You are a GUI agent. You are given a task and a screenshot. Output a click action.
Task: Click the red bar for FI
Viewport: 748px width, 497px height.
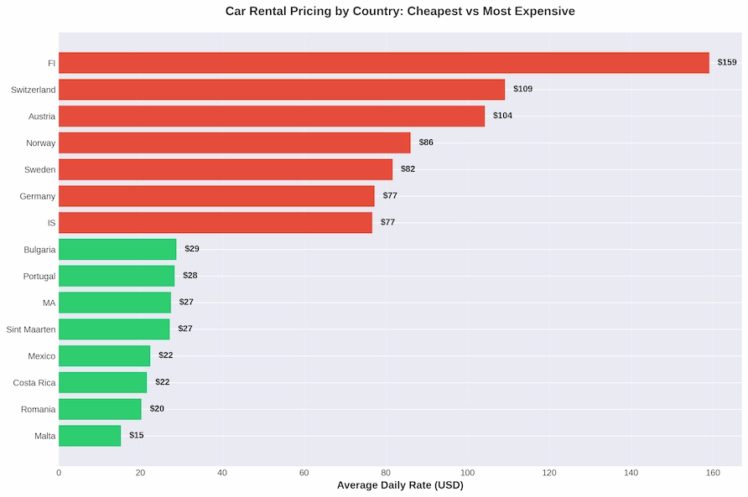(383, 63)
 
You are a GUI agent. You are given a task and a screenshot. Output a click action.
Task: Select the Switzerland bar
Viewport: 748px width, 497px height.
(282, 90)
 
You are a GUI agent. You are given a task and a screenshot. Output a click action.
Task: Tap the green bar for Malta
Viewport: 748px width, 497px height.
(90, 436)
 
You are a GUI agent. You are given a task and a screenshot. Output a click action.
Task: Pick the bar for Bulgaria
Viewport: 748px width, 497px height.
(117, 249)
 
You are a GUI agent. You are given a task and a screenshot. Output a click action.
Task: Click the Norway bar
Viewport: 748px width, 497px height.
(235, 142)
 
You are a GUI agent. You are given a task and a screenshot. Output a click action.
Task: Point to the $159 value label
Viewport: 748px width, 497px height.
(726, 63)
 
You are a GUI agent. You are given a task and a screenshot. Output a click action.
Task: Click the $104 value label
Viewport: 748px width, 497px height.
(502, 116)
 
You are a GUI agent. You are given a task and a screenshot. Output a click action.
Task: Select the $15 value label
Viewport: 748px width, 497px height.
(136, 436)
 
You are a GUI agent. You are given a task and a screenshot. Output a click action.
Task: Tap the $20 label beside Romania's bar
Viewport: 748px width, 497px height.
(157, 409)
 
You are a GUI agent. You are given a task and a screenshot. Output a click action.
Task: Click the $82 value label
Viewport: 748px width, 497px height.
(408, 169)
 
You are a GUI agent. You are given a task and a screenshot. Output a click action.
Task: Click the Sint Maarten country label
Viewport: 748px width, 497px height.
(31, 329)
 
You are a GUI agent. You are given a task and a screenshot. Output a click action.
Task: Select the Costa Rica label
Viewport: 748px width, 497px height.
(34, 383)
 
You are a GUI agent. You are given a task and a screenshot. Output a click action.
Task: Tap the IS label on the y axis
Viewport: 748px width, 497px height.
(51, 223)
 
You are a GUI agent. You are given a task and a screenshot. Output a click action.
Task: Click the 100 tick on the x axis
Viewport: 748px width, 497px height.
(467, 473)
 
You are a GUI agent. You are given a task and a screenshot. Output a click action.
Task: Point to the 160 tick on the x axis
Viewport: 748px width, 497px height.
(713, 473)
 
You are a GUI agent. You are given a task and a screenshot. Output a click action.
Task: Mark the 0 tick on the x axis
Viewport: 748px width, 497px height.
(59, 473)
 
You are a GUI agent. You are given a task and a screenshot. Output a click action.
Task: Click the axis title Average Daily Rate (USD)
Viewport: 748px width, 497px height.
(400, 485)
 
